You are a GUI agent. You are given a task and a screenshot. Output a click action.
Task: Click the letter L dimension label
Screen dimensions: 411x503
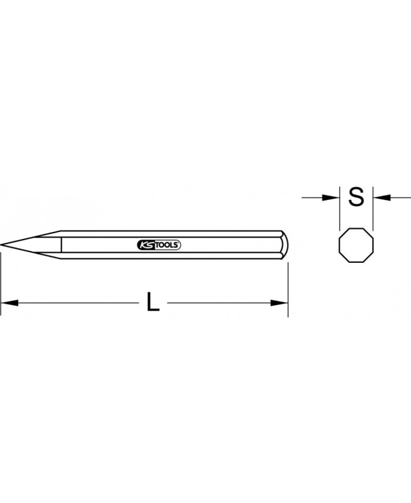click(x=153, y=302)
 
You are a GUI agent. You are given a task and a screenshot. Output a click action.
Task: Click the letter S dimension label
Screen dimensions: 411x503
click(x=356, y=197)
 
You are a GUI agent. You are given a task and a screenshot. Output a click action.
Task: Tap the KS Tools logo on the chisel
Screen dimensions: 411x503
click(x=159, y=245)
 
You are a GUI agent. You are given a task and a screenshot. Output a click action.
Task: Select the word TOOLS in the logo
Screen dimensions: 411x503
click(x=168, y=245)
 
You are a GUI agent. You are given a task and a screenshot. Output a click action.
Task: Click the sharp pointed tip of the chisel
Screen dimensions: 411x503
click(x=1, y=245)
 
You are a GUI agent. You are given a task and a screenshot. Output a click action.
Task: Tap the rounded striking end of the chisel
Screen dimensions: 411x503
click(x=285, y=245)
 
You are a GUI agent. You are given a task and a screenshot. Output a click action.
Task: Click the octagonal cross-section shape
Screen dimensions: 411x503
click(x=356, y=245)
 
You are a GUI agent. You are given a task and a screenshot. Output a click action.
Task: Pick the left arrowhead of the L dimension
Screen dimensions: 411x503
click(x=9, y=302)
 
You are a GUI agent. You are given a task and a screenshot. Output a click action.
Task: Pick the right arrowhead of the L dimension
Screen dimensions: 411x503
click(x=279, y=302)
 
